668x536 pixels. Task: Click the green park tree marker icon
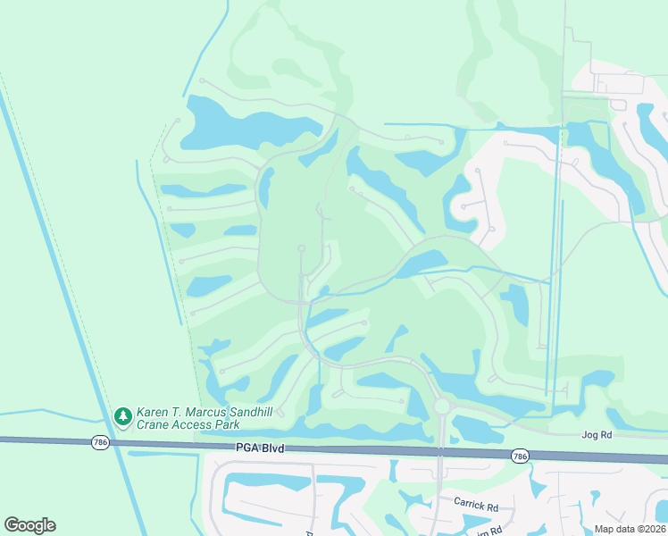pos(123,416)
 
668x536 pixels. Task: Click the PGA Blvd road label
pos(260,447)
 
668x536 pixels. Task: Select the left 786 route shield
pos(100,442)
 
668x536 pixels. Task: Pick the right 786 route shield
pos(520,456)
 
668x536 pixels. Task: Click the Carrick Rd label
pos(475,506)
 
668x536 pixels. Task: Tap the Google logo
pos(29,525)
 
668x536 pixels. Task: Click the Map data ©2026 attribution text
pos(630,529)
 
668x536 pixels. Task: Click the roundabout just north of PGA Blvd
pos(441,406)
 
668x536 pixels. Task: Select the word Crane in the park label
pos(153,425)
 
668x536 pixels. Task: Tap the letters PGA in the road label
pos(246,447)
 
